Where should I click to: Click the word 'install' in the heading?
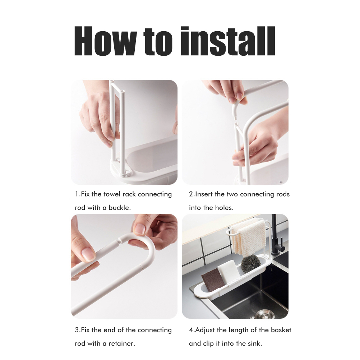pos(228,41)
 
